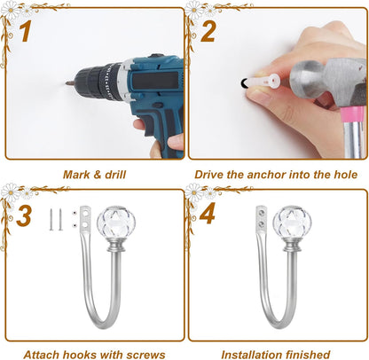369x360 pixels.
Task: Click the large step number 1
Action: pos(26,31)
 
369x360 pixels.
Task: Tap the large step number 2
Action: pos(208,32)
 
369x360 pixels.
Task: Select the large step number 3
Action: pos(24,215)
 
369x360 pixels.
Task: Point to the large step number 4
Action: pos(208,213)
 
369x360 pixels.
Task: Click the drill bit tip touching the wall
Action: pos(67,83)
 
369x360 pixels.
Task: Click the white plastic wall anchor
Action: pos(264,82)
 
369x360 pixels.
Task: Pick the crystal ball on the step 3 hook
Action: pos(116,222)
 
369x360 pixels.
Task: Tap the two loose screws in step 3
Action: pos(56,219)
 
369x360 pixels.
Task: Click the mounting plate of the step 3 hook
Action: pos(85,220)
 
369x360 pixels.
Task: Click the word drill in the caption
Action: pos(114,175)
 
